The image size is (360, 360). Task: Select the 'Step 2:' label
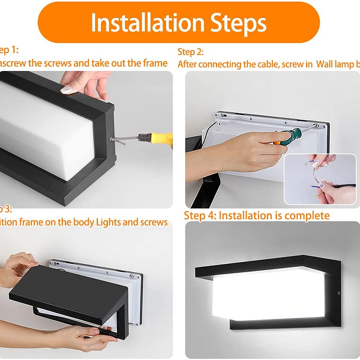pos(190,52)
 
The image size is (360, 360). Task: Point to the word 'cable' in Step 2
pos(255,64)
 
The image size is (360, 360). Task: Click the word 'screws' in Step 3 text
pos(153,222)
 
